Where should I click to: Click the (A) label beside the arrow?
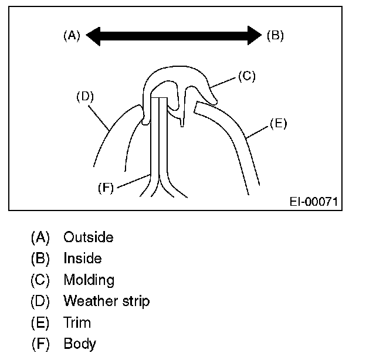71,35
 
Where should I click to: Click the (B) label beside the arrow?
275,35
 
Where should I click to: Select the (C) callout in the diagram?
247,76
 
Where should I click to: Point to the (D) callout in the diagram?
86,97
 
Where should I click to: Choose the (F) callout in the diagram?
106,188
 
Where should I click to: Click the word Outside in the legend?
89,237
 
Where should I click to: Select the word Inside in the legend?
83,259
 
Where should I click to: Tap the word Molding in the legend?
89,280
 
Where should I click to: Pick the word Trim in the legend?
77,322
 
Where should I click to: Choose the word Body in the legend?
79,344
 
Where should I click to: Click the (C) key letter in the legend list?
40,280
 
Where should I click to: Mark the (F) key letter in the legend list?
40,344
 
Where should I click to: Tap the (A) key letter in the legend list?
40,237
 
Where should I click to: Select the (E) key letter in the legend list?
40,322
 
